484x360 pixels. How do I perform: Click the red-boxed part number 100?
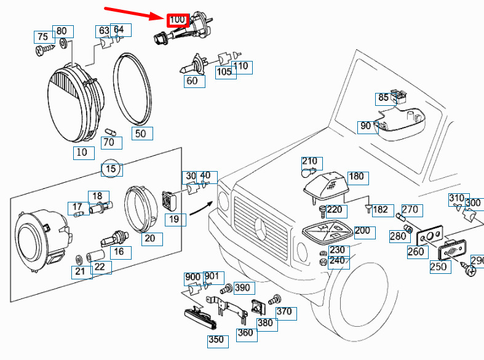tap(177, 20)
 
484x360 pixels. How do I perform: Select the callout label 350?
tap(216, 338)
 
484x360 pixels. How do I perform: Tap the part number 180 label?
tap(357, 177)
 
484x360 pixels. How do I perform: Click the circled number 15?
tap(111, 169)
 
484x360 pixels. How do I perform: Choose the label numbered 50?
tap(140, 133)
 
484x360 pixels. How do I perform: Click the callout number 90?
tap(366, 126)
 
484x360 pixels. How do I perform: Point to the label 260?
tap(416, 251)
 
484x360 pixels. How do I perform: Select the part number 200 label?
tap(362, 231)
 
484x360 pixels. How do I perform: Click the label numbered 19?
tap(175, 218)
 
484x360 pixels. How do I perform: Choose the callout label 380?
tap(265, 323)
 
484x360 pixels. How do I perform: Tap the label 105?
tap(224, 72)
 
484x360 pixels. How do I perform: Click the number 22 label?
tap(98, 266)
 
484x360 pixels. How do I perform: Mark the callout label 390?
tap(242, 287)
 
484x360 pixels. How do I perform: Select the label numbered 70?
tap(109, 143)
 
